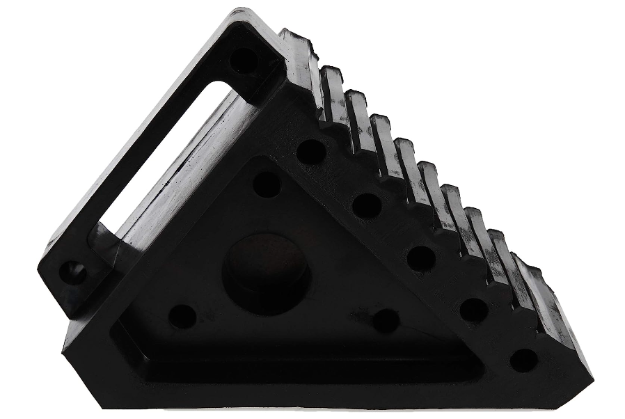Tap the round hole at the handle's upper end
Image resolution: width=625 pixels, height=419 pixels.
click(244, 61)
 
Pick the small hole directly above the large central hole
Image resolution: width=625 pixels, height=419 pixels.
click(267, 184)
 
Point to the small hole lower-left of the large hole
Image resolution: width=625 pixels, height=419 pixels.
click(182, 316)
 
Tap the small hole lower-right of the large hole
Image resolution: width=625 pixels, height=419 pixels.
click(386, 320)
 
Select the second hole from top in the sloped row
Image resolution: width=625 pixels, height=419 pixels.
click(366, 206)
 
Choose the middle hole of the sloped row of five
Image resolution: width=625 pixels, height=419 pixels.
click(421, 259)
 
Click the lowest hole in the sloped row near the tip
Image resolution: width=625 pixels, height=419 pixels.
click(523, 361)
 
